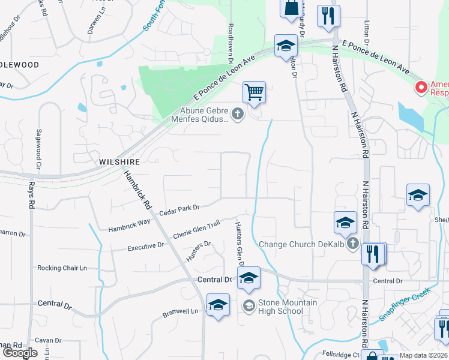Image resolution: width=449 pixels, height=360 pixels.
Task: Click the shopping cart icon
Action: coord(255,93)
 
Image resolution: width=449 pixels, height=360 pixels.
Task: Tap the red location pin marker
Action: coord(421,88)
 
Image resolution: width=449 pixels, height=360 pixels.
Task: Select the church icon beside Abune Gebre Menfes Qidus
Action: coord(238,113)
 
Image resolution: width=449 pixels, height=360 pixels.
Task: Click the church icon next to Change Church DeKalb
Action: coord(353,244)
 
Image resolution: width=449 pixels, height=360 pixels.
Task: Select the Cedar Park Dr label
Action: coord(179,211)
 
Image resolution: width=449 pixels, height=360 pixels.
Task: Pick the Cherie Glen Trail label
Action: coord(196,229)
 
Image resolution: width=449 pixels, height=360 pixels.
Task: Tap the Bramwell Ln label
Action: coord(181,312)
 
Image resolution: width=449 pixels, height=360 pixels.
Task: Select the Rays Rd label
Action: coord(31,194)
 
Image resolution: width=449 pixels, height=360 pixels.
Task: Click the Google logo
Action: coord(20,353)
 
